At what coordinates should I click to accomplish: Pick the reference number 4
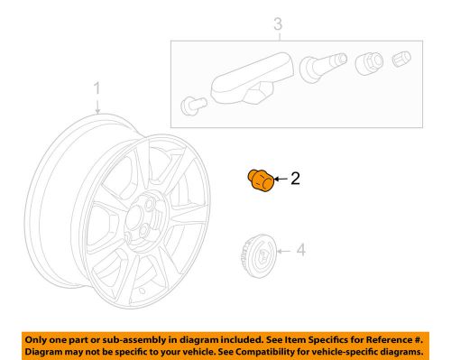tap(301, 250)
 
